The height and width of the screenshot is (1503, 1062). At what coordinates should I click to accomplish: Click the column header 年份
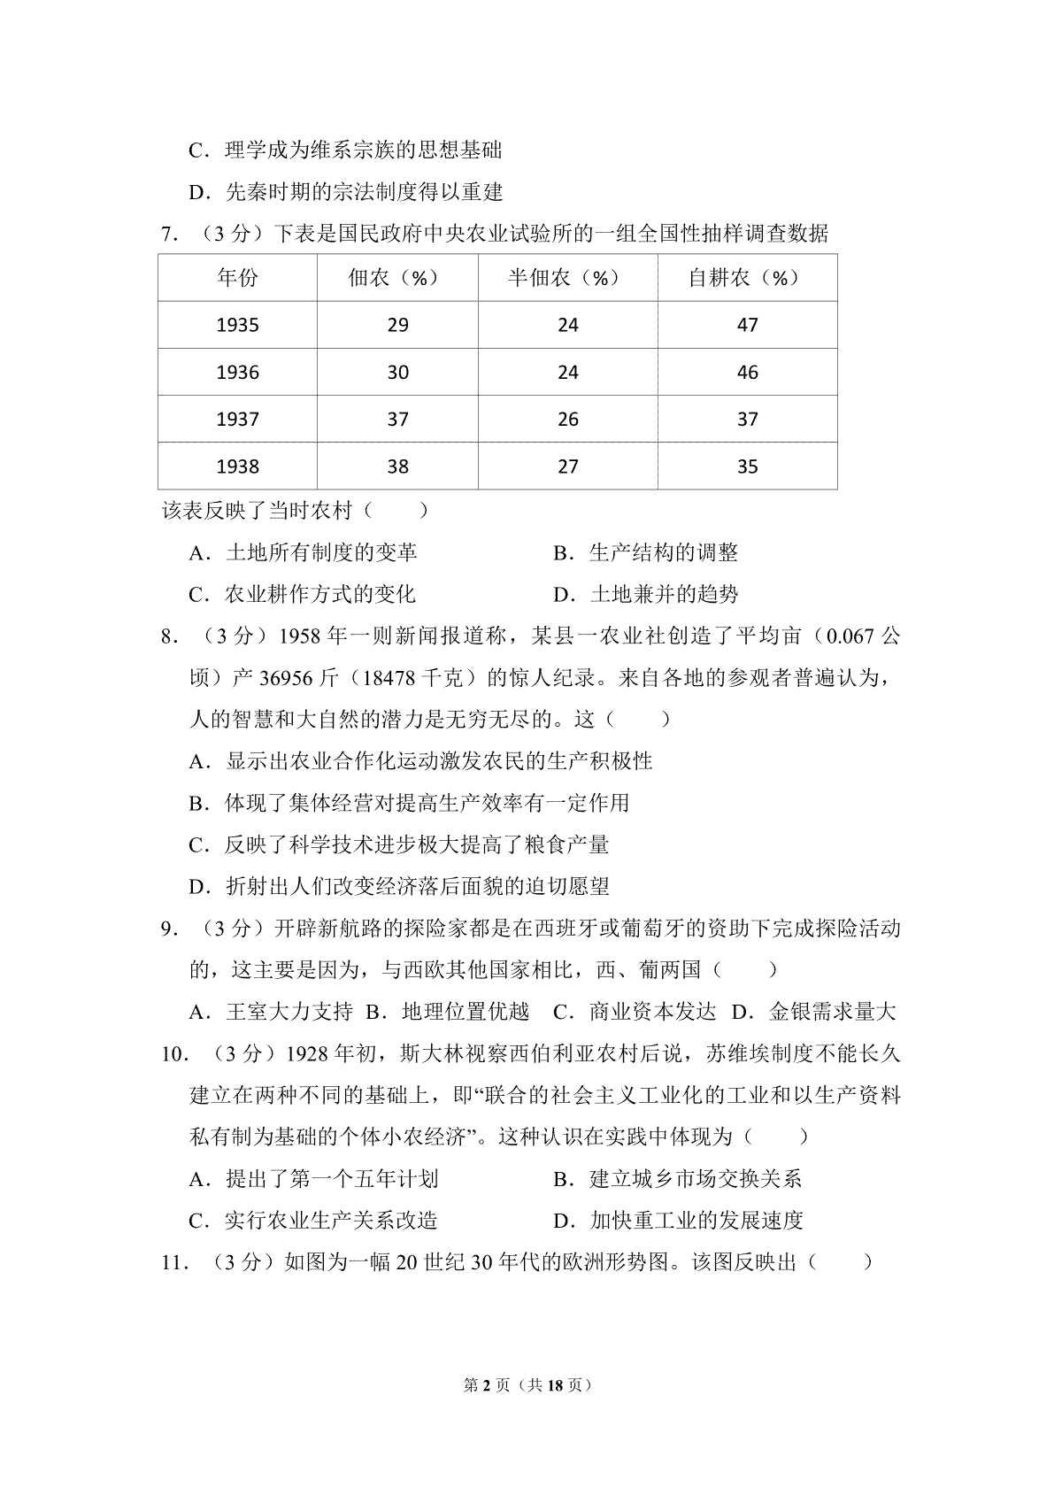[x=237, y=278]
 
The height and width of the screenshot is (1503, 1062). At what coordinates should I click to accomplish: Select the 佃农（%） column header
[x=397, y=278]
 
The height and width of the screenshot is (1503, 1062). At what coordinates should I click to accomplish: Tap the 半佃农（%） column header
[x=567, y=278]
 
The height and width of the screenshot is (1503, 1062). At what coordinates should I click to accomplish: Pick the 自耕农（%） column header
[x=747, y=278]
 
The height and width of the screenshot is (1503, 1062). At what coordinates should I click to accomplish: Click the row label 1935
[x=237, y=325]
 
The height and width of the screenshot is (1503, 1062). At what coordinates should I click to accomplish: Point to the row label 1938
[x=237, y=466]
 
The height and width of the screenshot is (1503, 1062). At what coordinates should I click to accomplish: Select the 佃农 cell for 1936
[x=397, y=373]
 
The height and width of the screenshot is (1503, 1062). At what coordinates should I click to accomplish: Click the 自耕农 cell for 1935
[x=747, y=325]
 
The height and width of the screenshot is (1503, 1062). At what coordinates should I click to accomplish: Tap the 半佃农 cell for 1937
[x=567, y=420]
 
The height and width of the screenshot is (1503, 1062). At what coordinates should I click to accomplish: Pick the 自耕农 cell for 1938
[x=747, y=466]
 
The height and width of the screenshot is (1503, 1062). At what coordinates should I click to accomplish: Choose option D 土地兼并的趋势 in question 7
[x=646, y=594]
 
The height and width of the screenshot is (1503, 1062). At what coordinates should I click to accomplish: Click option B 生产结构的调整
[x=646, y=553]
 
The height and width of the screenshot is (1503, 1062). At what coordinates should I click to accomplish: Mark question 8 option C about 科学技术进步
[x=398, y=844]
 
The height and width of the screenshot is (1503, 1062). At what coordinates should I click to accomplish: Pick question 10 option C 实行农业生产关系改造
[x=314, y=1221]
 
